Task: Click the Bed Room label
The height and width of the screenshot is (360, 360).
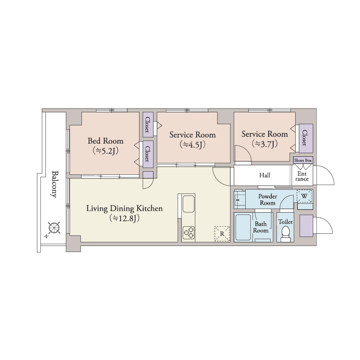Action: (105, 141)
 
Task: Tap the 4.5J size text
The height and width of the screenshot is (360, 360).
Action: (193, 145)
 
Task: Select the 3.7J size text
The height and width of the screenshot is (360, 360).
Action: (265, 144)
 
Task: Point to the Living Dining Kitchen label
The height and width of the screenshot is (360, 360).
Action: (125, 208)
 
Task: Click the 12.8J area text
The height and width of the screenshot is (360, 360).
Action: (125, 218)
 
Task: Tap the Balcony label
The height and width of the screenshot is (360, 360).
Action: (54, 184)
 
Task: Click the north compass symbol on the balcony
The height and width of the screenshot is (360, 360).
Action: (54, 228)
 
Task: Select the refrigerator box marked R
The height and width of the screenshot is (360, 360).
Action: (222, 234)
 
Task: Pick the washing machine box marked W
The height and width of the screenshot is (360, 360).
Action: (304, 196)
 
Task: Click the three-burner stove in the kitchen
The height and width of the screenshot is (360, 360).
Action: (189, 232)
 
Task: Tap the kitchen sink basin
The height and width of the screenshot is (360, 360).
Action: (189, 204)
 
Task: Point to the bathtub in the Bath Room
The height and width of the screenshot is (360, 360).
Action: (243, 227)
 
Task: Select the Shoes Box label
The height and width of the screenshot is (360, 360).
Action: (303, 160)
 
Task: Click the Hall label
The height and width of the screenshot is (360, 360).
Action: (265, 175)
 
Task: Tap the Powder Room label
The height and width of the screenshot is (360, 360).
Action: (267, 200)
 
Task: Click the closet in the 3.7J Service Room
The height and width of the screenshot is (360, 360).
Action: (306, 138)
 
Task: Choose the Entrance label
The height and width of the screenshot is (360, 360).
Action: (302, 176)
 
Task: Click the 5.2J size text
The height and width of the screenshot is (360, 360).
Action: (105, 151)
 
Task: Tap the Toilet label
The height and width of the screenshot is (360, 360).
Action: (285, 222)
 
